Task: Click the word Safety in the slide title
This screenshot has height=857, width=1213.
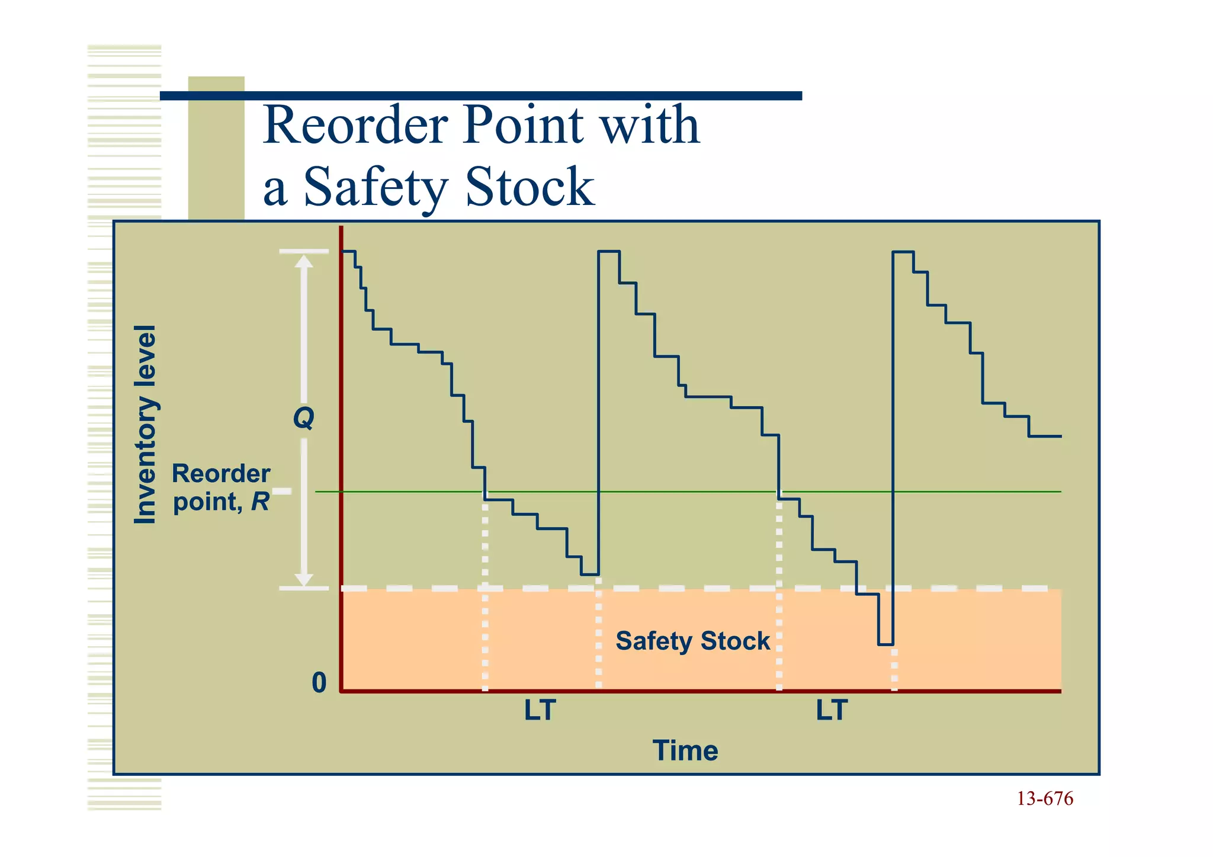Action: click(x=374, y=187)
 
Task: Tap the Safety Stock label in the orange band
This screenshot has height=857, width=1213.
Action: click(x=692, y=641)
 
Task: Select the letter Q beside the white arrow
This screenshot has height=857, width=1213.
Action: click(x=304, y=418)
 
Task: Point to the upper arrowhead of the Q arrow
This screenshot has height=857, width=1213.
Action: click(x=304, y=261)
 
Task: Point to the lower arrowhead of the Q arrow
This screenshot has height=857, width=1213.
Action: click(x=304, y=579)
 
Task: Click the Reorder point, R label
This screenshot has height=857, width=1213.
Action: click(x=221, y=487)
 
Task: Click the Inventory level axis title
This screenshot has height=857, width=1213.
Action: click(x=145, y=425)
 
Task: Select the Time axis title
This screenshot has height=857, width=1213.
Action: click(x=685, y=750)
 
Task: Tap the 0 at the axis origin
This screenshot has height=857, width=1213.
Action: click(x=319, y=683)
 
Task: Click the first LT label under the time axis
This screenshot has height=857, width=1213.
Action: click(x=540, y=711)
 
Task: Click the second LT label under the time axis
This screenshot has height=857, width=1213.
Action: click(x=832, y=711)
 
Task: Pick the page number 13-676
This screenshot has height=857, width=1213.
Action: click(x=1045, y=799)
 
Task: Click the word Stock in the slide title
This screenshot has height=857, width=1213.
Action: click(x=530, y=187)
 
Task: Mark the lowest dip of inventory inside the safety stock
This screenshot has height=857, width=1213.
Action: click(x=885, y=644)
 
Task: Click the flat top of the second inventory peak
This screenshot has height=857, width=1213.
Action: click(x=608, y=252)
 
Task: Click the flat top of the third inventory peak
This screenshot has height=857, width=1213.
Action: click(x=903, y=252)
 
